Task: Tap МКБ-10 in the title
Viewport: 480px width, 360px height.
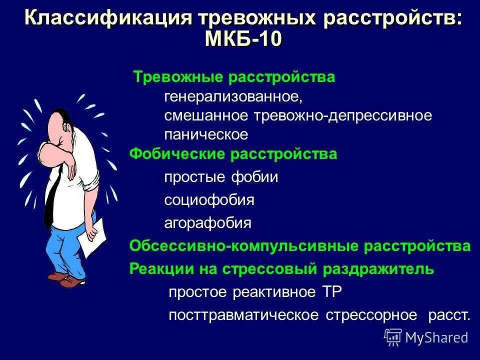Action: [x=243, y=39]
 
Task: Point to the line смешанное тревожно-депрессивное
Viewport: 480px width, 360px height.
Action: [x=298, y=115]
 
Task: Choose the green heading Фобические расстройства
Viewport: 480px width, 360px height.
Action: [x=233, y=154]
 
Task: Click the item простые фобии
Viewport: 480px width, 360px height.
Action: [x=221, y=177]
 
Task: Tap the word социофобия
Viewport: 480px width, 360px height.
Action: [x=209, y=200]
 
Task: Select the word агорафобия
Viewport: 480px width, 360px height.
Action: [x=208, y=223]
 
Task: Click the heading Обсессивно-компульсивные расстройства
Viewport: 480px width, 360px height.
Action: [x=300, y=246]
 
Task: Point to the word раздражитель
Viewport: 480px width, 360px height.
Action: [x=378, y=269]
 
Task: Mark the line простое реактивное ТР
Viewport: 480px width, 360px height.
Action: [x=255, y=292]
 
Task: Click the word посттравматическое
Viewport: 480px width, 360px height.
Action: [x=244, y=315]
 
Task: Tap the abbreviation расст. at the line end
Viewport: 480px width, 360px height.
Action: [x=449, y=315]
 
